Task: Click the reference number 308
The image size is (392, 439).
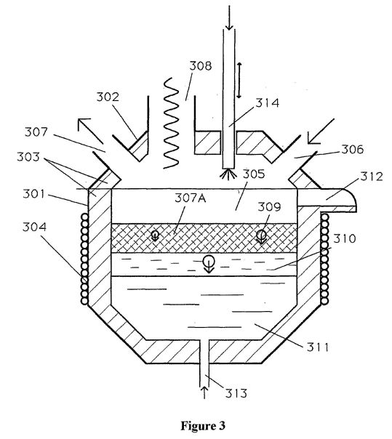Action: (201, 66)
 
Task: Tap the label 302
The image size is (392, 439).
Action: (108, 97)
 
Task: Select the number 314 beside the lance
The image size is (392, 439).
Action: (268, 103)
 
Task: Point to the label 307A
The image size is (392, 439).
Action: (191, 198)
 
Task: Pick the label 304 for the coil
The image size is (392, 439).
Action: (34, 227)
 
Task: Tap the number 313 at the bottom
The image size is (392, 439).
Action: (236, 393)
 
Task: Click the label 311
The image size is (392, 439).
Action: (318, 347)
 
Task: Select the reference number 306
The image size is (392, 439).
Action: (353, 150)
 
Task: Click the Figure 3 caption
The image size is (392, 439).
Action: (203, 426)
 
